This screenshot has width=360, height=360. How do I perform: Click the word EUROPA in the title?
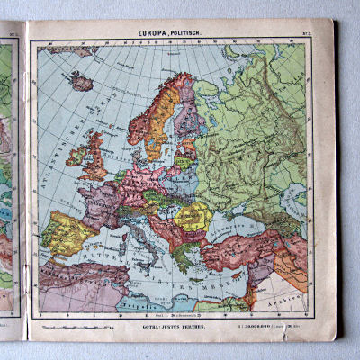[153, 34]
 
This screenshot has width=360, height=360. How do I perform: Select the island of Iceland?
[82, 84]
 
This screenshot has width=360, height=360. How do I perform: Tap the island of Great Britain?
[93, 157]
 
